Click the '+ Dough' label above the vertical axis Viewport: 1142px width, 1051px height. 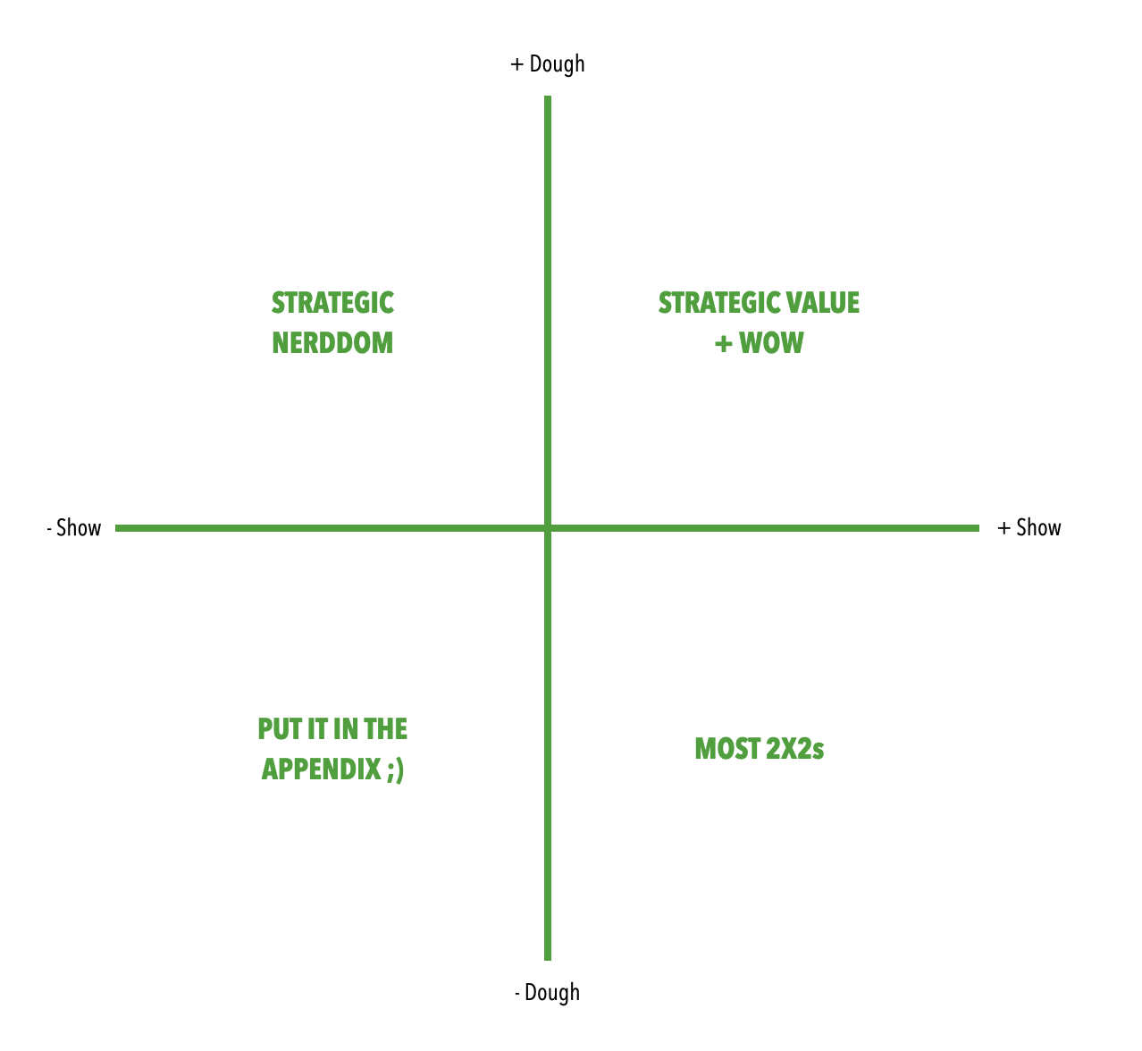[547, 64]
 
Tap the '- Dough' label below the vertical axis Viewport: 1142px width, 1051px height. [547, 993]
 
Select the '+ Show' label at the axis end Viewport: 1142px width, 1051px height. [1029, 528]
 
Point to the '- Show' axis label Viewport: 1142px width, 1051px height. [74, 528]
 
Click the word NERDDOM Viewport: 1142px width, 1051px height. [332, 343]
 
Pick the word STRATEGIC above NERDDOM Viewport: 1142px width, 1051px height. [332, 303]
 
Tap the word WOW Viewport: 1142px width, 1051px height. [771, 343]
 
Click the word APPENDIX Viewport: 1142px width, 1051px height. [322, 769]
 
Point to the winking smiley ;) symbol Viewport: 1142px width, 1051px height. [396, 769]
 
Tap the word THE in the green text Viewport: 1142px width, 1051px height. [386, 729]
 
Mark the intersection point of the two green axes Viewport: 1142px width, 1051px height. [548, 528]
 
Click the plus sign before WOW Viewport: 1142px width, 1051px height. [723, 344]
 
